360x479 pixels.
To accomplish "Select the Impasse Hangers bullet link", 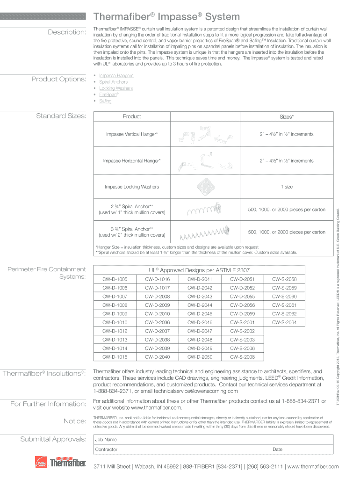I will pos(116,75).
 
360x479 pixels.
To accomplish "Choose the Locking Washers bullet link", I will pos(115,88).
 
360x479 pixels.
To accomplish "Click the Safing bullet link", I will pos(105,101).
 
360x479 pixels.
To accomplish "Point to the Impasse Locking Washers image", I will pos(206,187).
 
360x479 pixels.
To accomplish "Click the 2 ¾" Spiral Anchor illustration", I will pos(204,210).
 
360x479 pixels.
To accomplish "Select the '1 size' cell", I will pos(287,187).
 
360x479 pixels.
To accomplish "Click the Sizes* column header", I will pos(287,116).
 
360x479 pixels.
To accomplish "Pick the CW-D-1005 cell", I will pos(115,279).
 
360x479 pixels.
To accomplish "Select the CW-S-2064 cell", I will pos(284,322).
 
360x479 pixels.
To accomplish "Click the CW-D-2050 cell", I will pos(200,357).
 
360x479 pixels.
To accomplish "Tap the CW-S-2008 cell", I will pos(242,357).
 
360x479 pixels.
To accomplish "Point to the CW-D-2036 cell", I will pos(157,322).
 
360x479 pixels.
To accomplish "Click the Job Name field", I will pos(213,440).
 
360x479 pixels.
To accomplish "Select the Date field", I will pos(302,450).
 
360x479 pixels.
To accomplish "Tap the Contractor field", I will pos(181,450).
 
